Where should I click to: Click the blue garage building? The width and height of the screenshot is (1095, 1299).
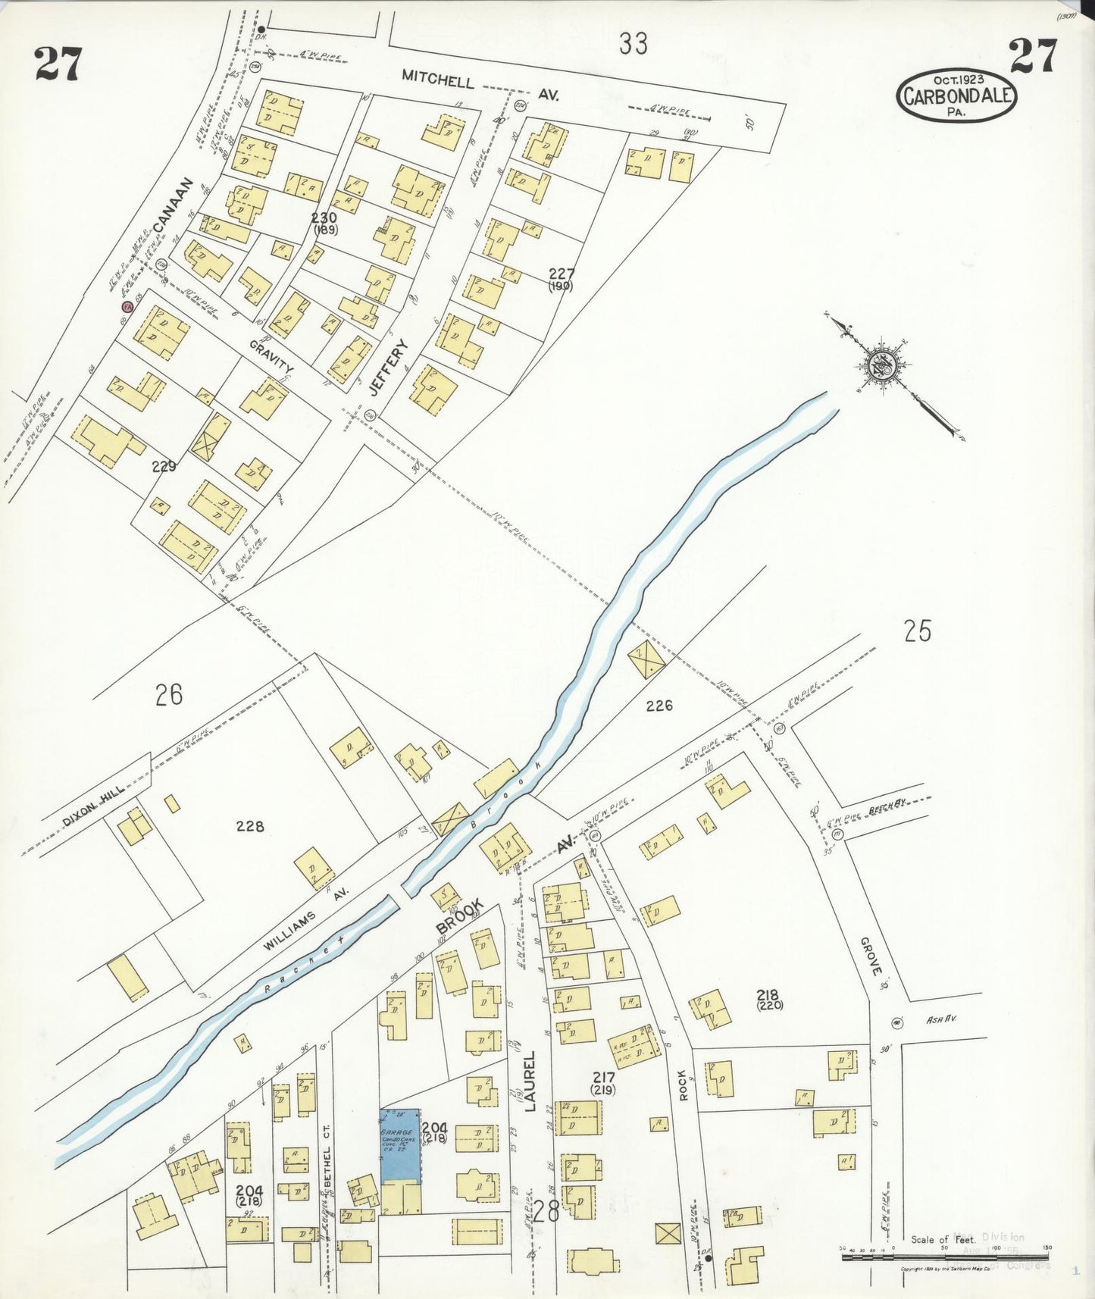point(399,1145)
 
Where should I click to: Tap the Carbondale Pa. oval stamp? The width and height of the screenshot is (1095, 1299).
point(956,96)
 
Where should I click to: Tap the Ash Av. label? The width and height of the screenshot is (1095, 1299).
point(942,1019)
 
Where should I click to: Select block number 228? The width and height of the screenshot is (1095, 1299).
point(249,826)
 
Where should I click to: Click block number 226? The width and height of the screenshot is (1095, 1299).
point(659,706)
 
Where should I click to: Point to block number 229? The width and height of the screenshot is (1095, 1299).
point(164,466)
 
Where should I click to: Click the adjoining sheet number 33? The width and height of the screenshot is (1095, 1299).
point(633,44)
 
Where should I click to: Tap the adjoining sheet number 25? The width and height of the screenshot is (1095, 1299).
point(917,631)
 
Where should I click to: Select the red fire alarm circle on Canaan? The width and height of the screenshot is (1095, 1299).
point(127,306)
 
